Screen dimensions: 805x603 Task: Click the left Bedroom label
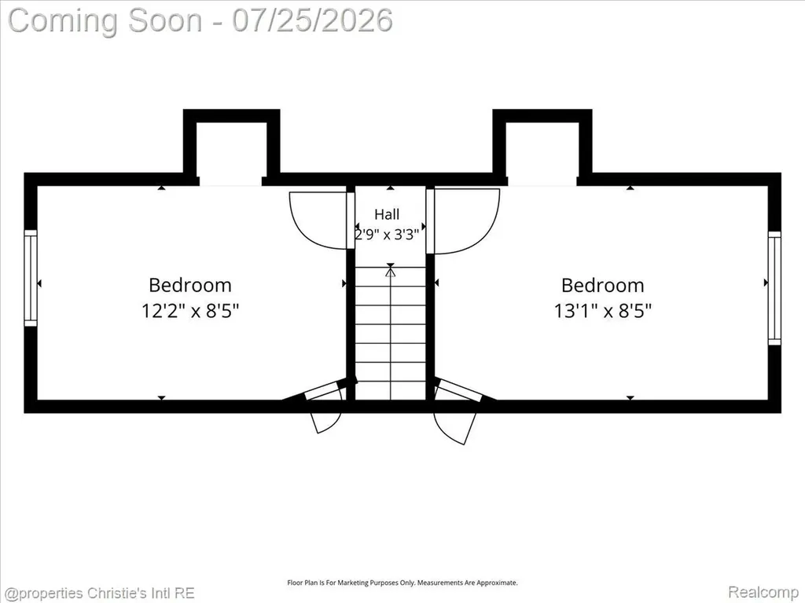click(x=190, y=285)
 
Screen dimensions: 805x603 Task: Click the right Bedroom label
click(x=602, y=285)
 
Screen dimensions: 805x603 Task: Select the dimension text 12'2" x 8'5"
click(x=190, y=311)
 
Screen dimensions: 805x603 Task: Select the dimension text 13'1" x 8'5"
click(x=603, y=311)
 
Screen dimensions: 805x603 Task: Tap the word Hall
click(x=387, y=214)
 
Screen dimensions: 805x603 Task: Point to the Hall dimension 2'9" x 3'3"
click(x=388, y=234)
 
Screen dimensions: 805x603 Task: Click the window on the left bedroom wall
click(x=31, y=277)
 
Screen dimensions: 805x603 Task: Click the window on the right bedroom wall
click(x=774, y=288)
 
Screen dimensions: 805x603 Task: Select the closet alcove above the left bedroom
click(x=231, y=148)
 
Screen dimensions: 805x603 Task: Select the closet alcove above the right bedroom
click(x=542, y=148)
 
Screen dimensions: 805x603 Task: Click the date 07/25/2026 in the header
click(x=312, y=20)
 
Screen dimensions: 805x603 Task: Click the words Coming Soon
click(x=105, y=20)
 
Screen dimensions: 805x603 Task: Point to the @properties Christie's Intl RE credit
click(x=99, y=594)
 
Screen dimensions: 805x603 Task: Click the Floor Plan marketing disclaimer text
click(x=402, y=583)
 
